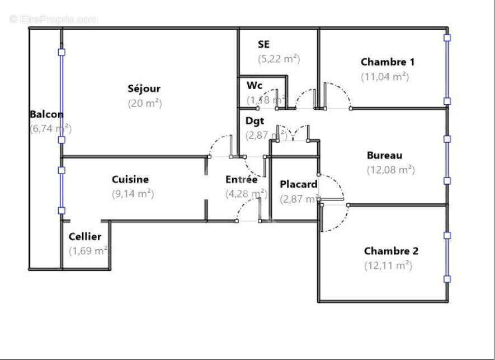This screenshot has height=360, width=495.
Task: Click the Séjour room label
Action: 144,88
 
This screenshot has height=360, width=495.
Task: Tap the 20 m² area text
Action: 144,103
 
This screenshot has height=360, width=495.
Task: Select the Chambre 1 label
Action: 387,62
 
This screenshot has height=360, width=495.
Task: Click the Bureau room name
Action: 384,155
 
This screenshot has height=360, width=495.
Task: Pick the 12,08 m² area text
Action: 390,170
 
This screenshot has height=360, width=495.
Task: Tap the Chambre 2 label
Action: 390,251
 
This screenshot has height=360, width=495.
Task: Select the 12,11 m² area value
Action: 388,265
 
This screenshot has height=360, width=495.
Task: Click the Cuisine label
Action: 130,179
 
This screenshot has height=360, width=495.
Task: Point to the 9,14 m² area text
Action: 133,194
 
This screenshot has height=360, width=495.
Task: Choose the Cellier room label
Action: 85,236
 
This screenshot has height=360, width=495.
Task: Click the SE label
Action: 264,44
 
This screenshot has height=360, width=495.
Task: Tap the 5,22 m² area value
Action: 279,58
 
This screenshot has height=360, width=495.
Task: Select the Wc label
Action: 254,86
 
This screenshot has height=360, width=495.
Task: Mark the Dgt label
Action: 254,120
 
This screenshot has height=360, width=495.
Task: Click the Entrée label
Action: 241,180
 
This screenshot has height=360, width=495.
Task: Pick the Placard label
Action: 299,184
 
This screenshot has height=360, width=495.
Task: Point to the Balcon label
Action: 46,114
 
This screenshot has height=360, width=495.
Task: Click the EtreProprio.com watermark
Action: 54,19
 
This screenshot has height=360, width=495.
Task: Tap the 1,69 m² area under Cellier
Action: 88,251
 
